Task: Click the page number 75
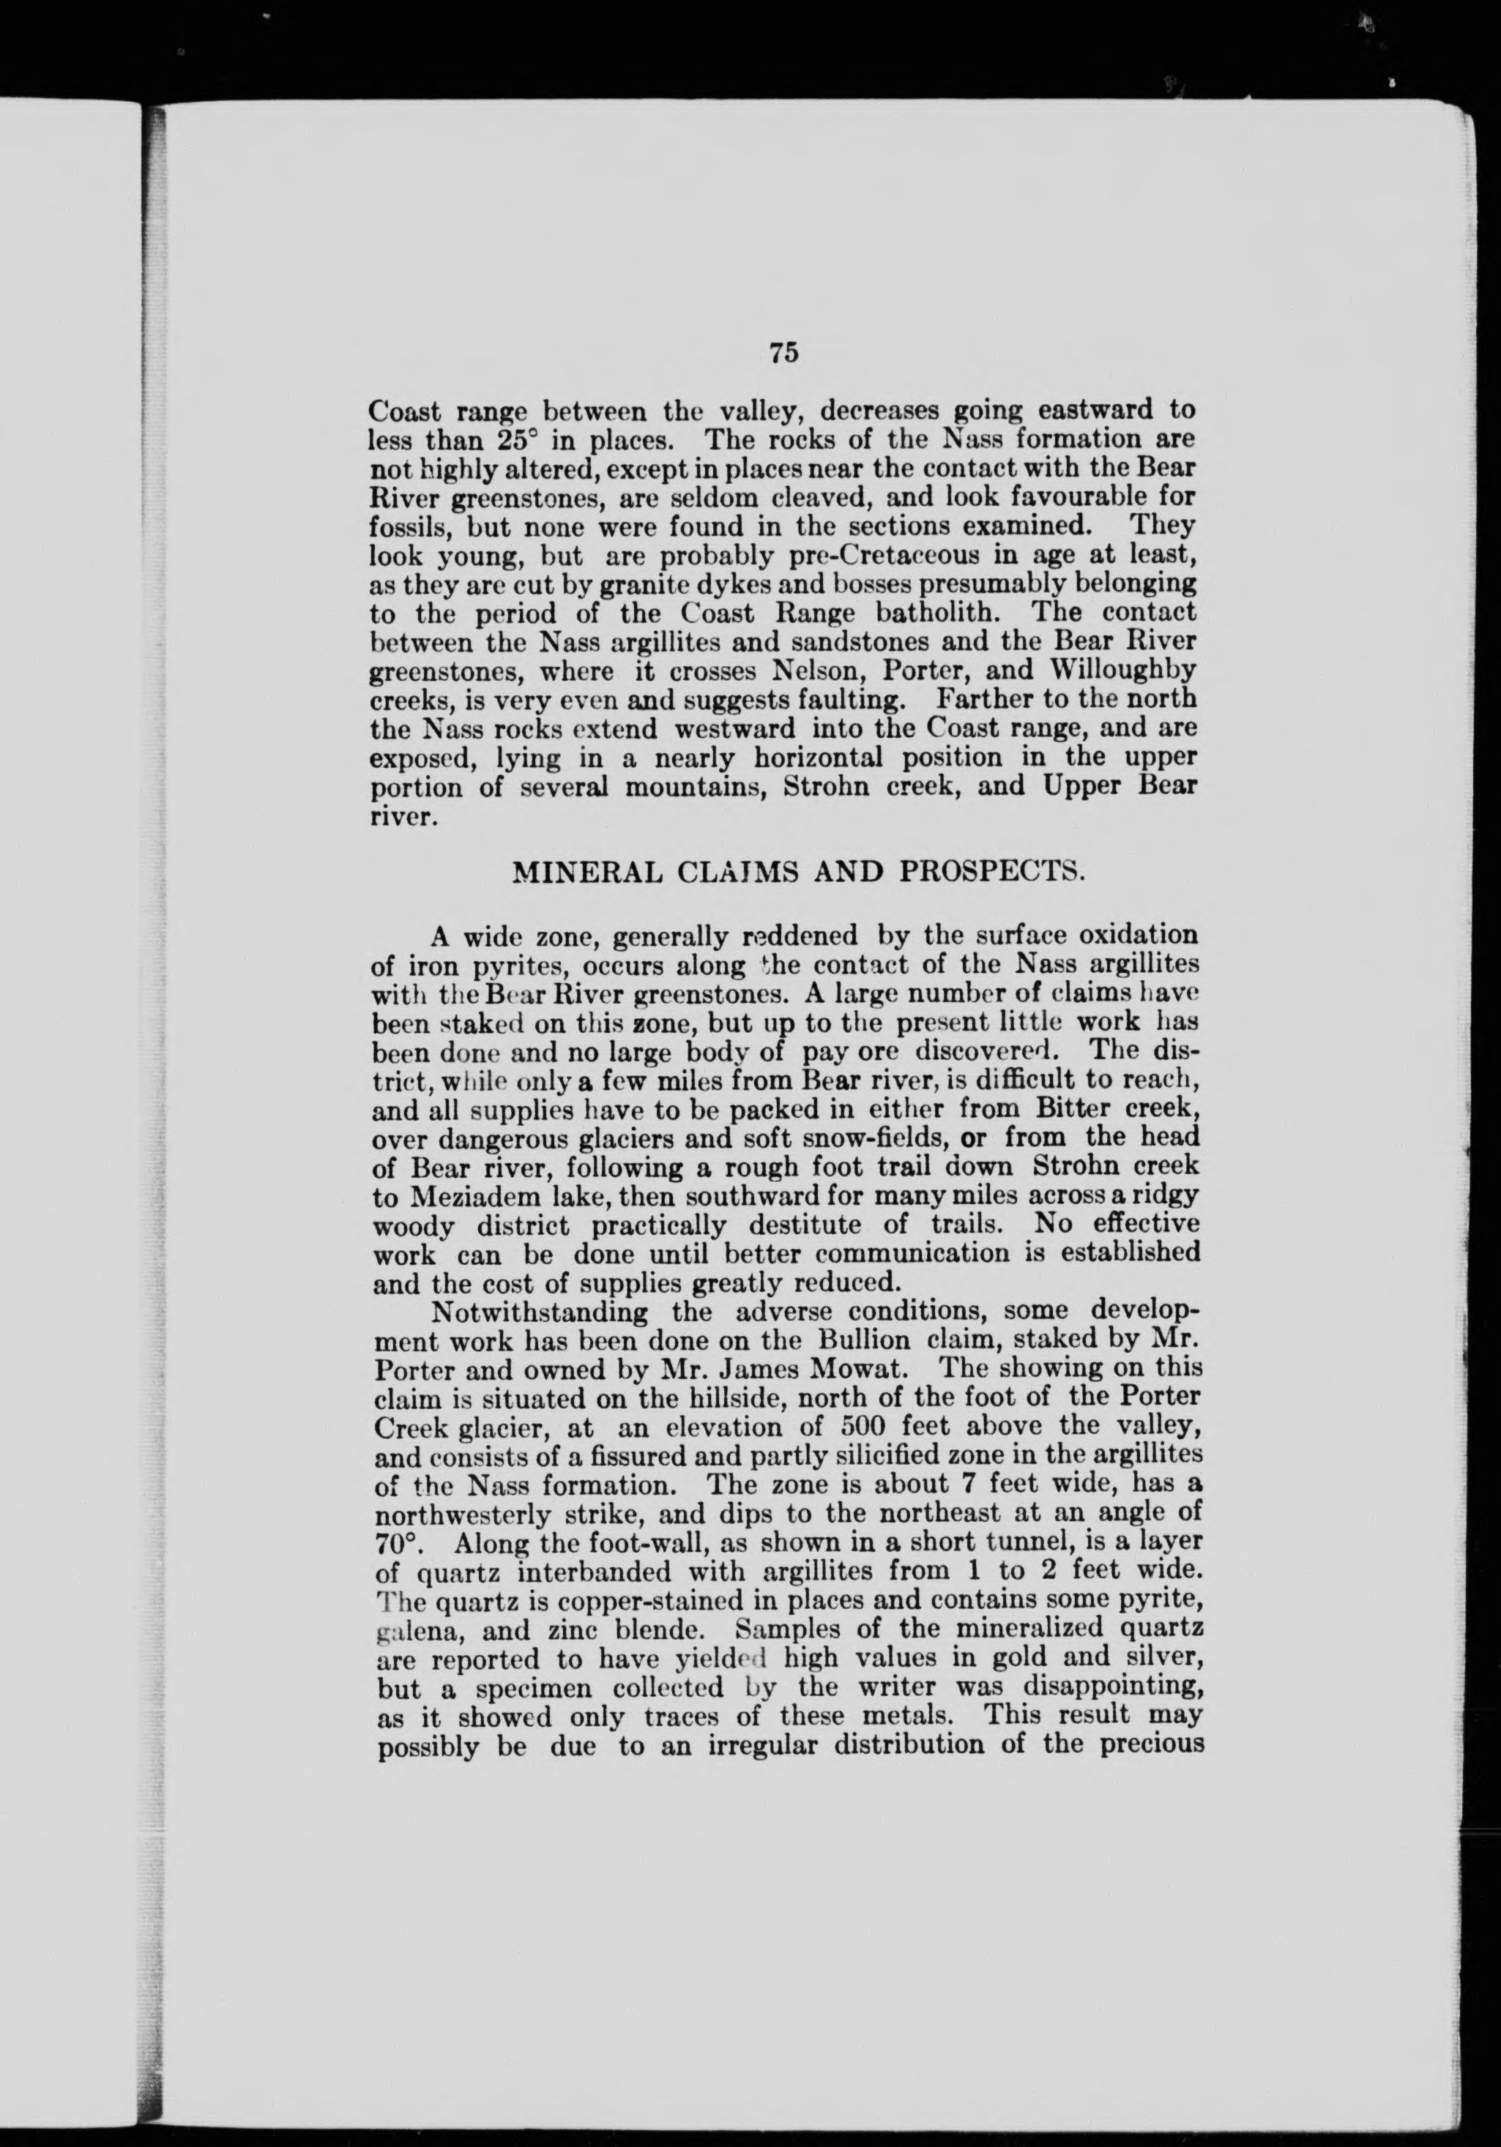click(783, 353)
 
